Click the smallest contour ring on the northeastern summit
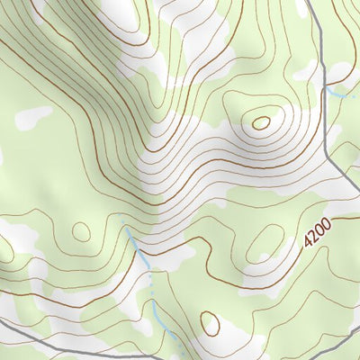[x=262, y=121]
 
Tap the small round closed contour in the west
[x=82, y=231]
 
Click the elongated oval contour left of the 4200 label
[x=265, y=242]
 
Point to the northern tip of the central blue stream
[x=123, y=220]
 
